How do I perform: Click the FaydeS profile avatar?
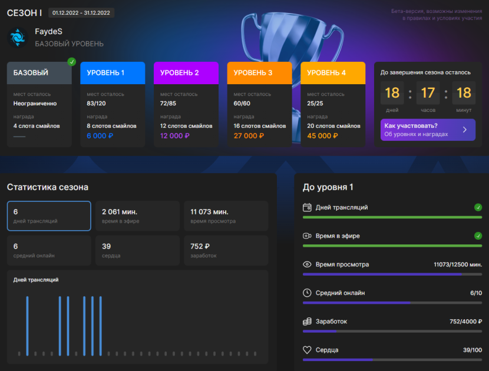point(18,38)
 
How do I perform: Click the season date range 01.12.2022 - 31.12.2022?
point(81,13)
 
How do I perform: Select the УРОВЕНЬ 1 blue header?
point(113,73)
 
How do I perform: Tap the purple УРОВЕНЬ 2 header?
point(186,73)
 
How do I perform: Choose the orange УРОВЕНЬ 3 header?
point(259,73)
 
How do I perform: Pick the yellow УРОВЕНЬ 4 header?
point(333,73)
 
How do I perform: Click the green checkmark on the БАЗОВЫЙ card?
point(72,62)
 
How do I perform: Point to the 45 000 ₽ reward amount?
point(322,136)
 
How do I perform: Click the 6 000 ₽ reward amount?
point(100,136)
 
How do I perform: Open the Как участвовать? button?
point(428,130)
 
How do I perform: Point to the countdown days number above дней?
point(392,93)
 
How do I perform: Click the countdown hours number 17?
point(428,93)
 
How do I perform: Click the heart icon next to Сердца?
point(307,350)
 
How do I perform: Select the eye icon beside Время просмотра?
point(307,264)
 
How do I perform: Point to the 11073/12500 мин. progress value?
point(458,264)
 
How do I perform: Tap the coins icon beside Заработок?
point(307,322)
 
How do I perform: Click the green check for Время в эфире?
point(478,236)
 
